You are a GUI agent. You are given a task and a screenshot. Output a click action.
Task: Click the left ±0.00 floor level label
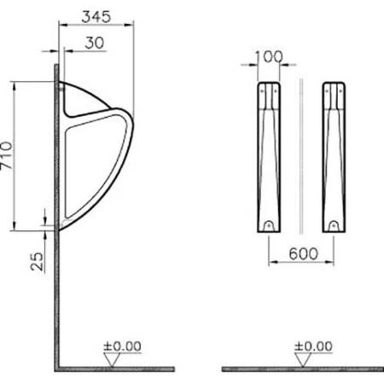(x=125, y=346)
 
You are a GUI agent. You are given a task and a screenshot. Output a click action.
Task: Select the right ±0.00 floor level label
(x=312, y=346)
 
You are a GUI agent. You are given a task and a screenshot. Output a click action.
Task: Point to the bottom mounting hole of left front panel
(x=268, y=225)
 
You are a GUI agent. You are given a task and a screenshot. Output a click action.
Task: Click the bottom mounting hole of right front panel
(x=334, y=225)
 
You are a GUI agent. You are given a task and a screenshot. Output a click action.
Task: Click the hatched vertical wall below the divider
(x=55, y=299)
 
